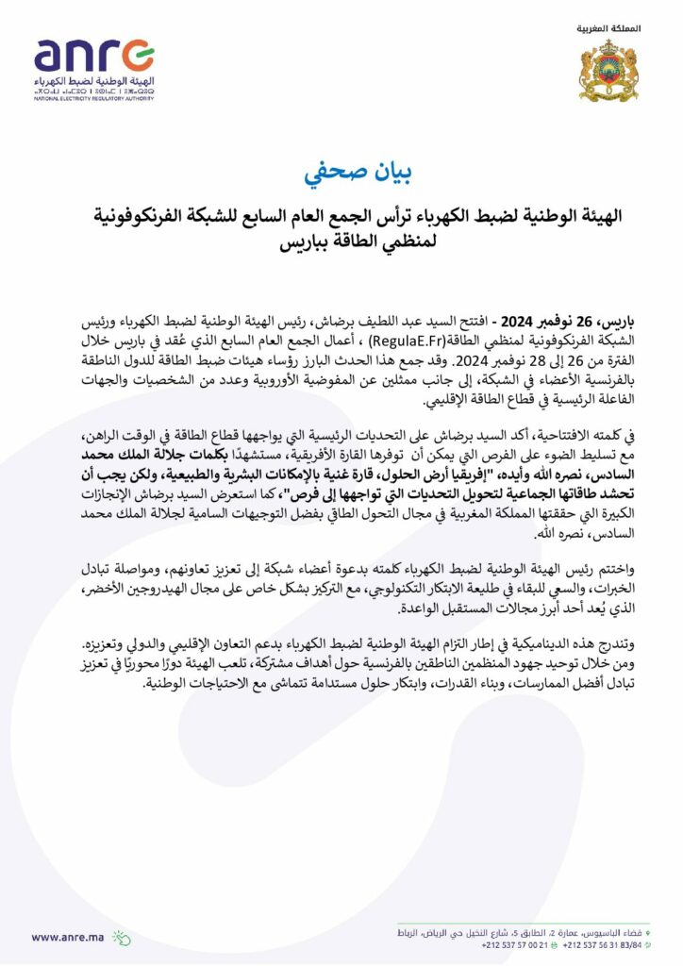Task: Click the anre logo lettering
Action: [94, 58]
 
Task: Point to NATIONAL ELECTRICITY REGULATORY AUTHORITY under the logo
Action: [94, 98]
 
